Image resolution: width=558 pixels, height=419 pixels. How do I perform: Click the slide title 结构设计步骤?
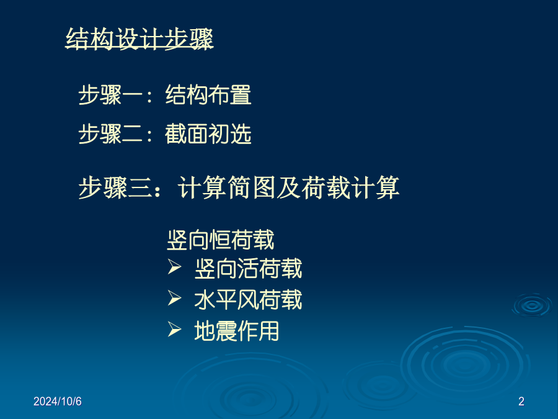[139, 38]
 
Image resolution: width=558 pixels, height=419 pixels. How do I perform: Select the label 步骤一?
[110, 95]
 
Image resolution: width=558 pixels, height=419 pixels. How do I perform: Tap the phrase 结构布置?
[208, 95]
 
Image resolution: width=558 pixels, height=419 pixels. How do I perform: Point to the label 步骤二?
[110, 134]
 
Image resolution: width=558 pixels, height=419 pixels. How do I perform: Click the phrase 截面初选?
[208, 134]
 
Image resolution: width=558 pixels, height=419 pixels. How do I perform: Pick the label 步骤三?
[115, 187]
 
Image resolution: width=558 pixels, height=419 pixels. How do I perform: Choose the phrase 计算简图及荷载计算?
[288, 187]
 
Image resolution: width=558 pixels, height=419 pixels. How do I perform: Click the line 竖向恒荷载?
[221, 240]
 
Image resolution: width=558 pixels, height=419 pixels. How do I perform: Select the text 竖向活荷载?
[248, 269]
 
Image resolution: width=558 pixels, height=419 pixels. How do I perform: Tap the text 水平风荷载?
[248, 300]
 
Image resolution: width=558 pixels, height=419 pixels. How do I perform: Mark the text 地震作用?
[237, 331]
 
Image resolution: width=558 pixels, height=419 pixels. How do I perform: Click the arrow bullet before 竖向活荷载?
[174, 267]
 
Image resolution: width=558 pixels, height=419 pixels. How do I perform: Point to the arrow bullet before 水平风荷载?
[174, 298]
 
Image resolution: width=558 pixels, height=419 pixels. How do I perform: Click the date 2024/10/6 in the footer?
[58, 401]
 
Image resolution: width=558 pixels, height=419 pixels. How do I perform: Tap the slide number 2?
[521, 401]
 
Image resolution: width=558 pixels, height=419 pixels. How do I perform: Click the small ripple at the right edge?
[532, 305]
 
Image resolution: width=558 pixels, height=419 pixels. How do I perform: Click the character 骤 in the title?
[201, 38]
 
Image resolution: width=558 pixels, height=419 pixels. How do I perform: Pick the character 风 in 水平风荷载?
[248, 300]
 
